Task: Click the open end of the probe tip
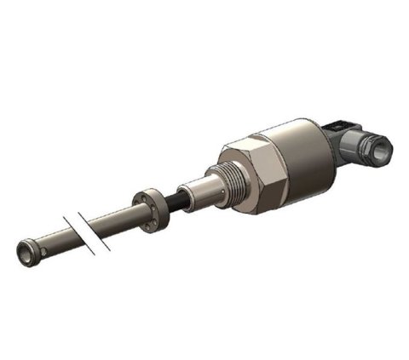(x=24, y=252)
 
